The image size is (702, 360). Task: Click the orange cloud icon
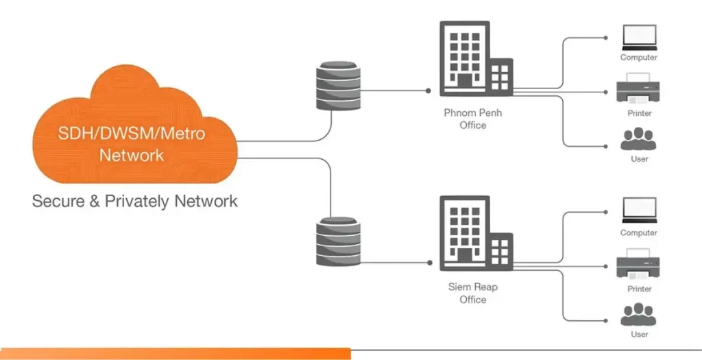pyautogui.click(x=134, y=130)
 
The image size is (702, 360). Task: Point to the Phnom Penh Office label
pyautogui.click(x=473, y=119)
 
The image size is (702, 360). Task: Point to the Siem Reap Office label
pyautogui.click(x=473, y=293)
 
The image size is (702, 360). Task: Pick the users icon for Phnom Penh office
pyautogui.click(x=639, y=139)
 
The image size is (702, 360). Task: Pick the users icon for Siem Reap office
pyautogui.click(x=639, y=315)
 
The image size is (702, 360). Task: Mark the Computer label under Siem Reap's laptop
pyautogui.click(x=639, y=233)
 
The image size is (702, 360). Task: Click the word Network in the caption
pyautogui.click(x=206, y=201)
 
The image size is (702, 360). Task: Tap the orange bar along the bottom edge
pyautogui.click(x=175, y=354)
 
